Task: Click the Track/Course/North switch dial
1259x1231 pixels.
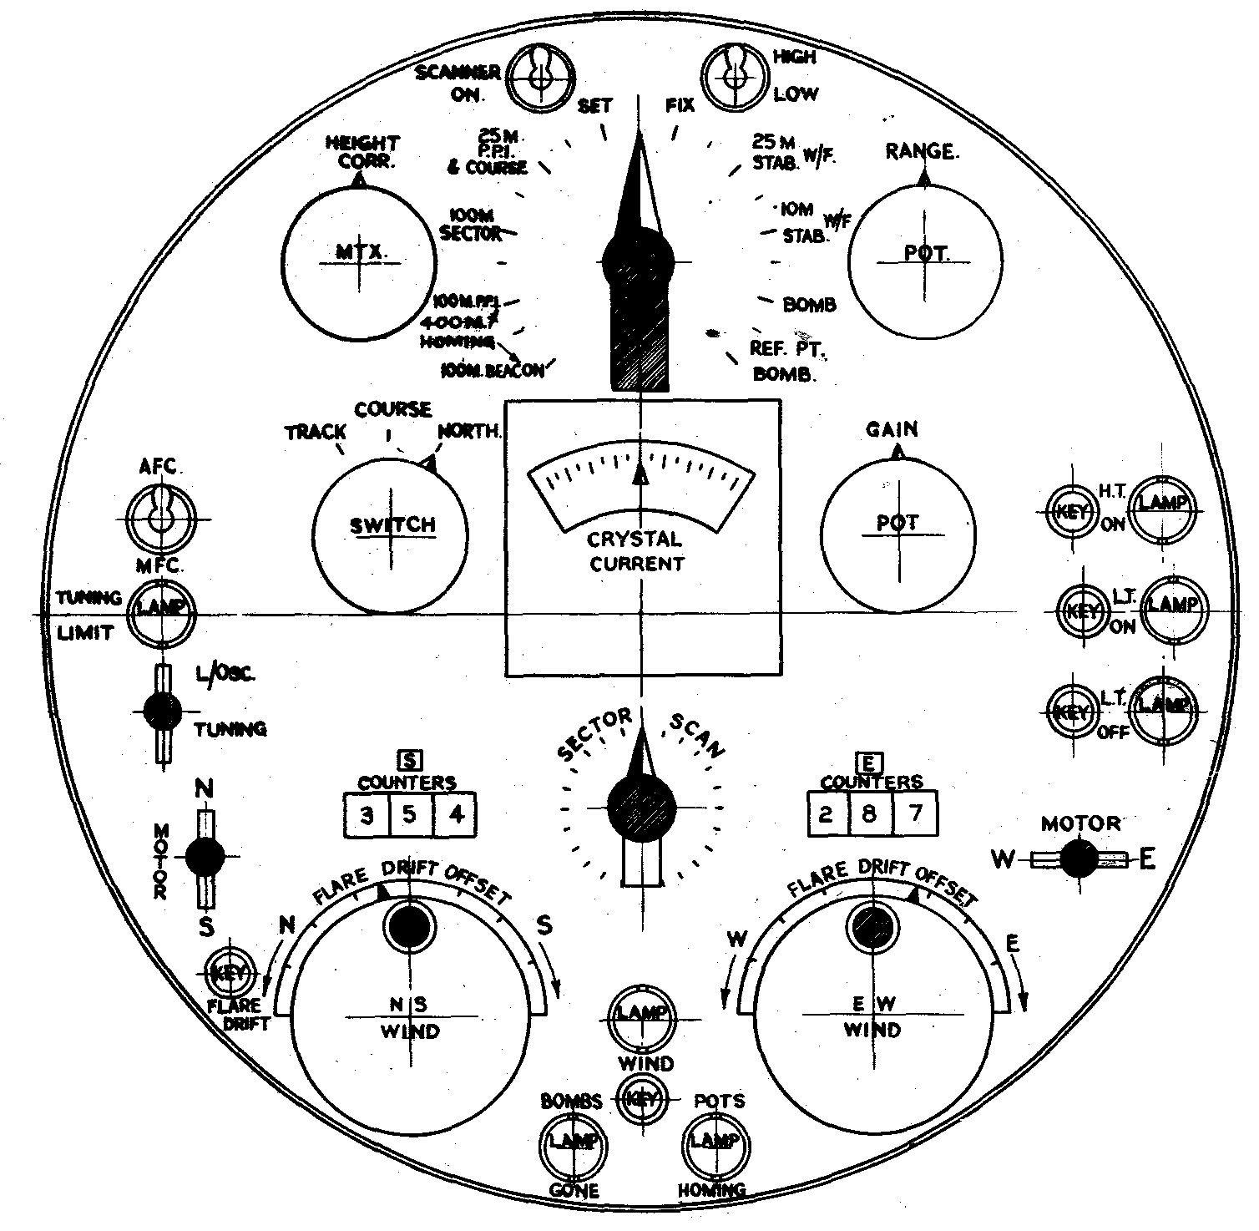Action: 391,534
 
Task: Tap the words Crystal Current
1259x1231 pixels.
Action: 636,551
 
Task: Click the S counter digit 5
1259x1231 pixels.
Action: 410,814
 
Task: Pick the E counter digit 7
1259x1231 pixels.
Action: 915,813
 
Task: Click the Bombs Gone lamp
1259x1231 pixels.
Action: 572,1142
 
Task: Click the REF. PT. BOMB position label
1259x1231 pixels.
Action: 785,362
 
